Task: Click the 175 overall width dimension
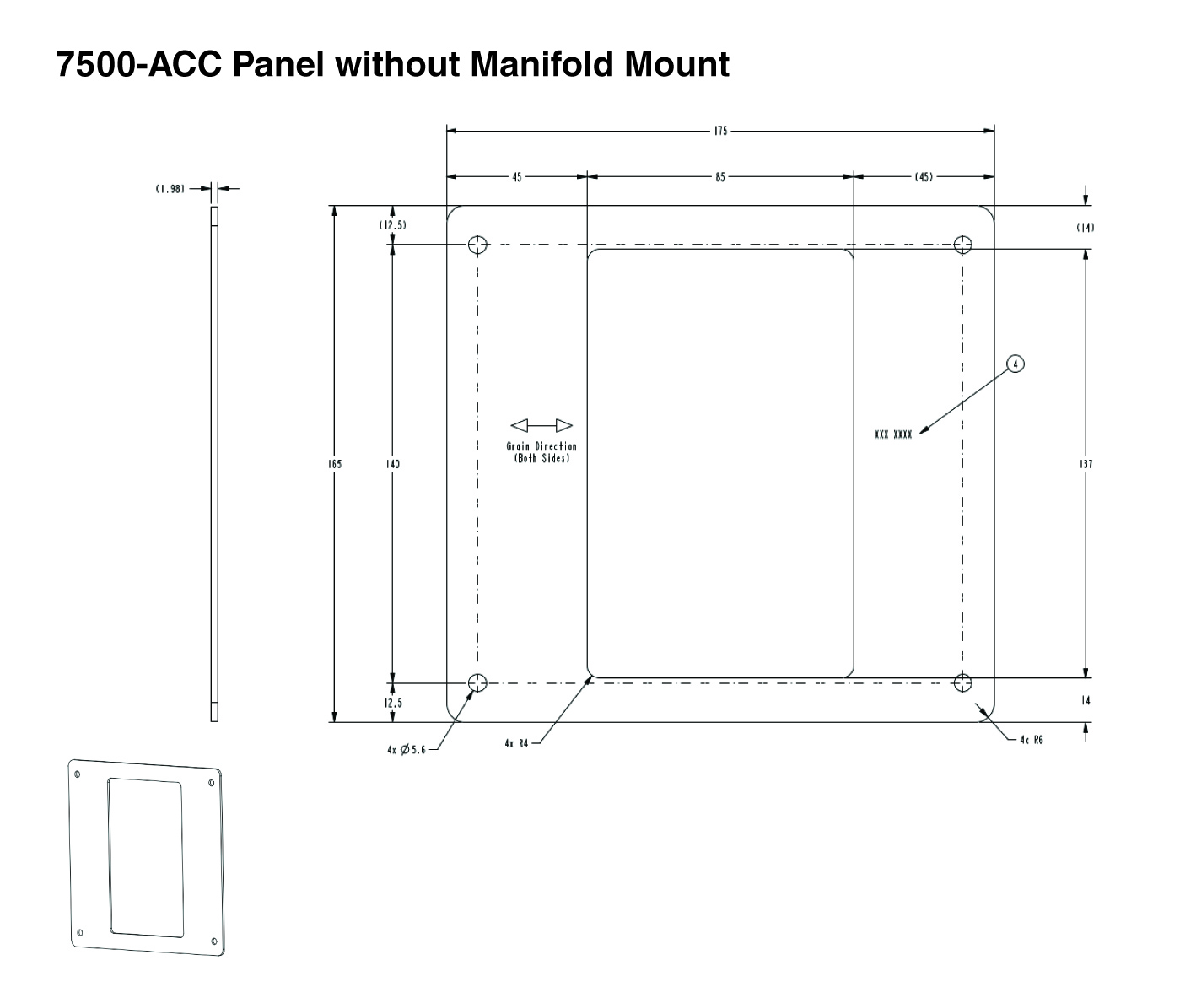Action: tap(719, 131)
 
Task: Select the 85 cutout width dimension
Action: tap(719, 177)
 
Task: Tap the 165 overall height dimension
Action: tap(335, 464)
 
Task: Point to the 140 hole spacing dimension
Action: tap(393, 464)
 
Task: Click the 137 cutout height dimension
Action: tap(1086, 464)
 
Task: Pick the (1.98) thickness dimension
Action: tap(170, 190)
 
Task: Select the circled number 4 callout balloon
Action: tap(1016, 364)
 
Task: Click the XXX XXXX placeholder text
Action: tap(893, 434)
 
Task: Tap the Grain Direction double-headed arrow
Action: tap(541, 425)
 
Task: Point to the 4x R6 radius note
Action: tap(1031, 740)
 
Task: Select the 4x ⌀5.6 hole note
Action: tap(407, 749)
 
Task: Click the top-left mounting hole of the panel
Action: tap(478, 245)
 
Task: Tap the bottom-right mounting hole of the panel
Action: tap(963, 682)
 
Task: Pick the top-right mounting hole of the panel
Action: tap(963, 245)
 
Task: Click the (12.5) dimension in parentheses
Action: tap(393, 225)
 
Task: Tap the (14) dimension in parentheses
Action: tap(1086, 228)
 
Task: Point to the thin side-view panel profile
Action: tap(214, 464)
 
